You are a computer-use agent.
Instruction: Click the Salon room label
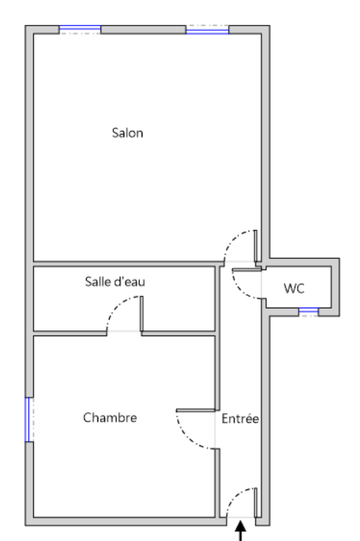pyautogui.click(x=127, y=133)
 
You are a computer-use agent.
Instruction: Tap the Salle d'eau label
pyautogui.click(x=115, y=281)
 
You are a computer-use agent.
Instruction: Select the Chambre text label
pyautogui.click(x=110, y=417)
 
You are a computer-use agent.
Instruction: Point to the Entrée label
pyautogui.click(x=240, y=418)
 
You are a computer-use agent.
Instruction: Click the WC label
pyautogui.click(x=294, y=289)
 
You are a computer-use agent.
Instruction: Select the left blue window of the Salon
pyautogui.click(x=80, y=30)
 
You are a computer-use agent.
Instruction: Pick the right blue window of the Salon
pyautogui.click(x=207, y=30)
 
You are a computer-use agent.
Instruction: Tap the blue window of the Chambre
pyautogui.click(x=29, y=420)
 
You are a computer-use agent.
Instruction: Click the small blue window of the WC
pyautogui.click(x=308, y=312)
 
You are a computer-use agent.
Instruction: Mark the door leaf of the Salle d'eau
pyautogui.click(x=141, y=314)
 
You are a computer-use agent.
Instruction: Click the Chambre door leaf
pyautogui.click(x=196, y=411)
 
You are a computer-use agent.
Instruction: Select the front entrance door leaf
pyautogui.click(x=256, y=502)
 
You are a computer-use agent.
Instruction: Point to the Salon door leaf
pyautogui.click(x=256, y=246)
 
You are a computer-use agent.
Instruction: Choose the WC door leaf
pyautogui.click(x=247, y=269)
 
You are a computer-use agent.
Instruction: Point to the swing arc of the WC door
pyautogui.click(x=242, y=291)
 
